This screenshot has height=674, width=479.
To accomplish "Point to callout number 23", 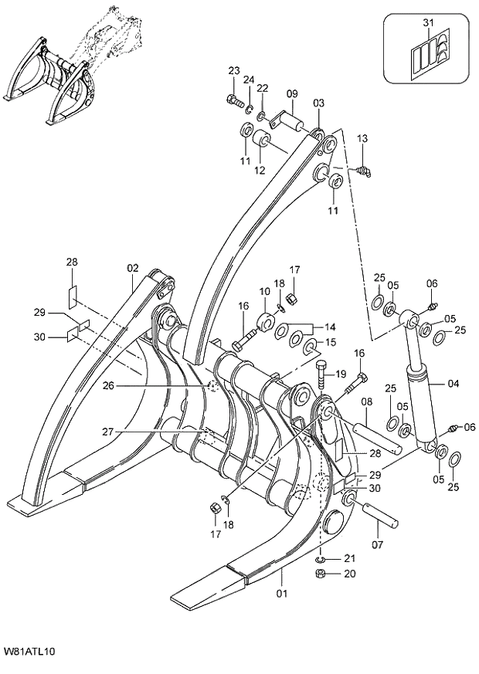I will pos(234,72).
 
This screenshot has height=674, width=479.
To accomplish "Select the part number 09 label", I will pos(292,94).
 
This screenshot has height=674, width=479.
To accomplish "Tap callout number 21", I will pos(348,558).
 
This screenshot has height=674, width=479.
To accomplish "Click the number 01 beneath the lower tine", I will pos(282,594).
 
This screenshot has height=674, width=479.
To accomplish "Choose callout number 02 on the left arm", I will pos(132,268).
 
